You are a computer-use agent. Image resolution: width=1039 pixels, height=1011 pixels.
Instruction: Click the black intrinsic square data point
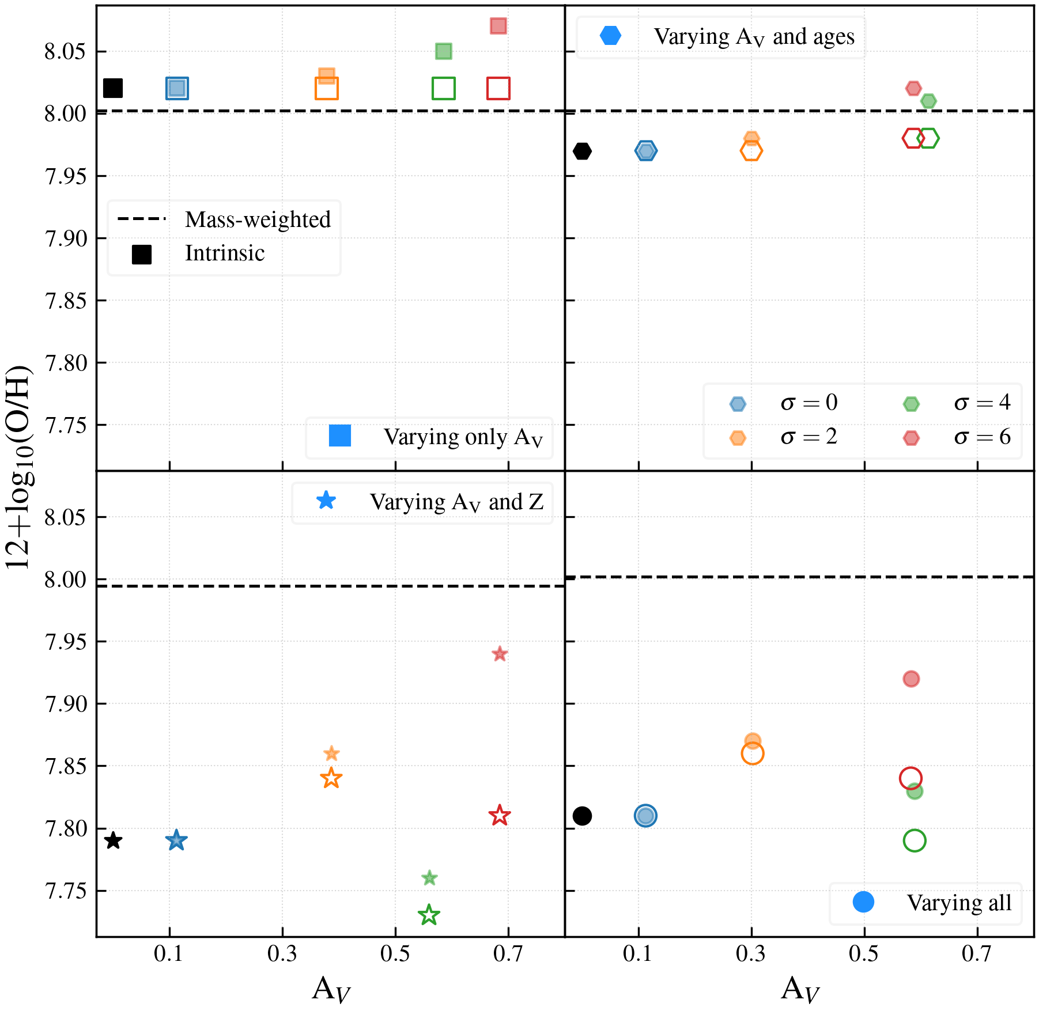[x=113, y=88]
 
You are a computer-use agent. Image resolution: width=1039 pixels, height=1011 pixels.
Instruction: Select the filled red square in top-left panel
[x=498, y=26]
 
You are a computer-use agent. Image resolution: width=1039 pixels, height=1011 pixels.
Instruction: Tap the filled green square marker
[x=443, y=51]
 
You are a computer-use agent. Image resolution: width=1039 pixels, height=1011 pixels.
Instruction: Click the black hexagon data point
[x=582, y=151]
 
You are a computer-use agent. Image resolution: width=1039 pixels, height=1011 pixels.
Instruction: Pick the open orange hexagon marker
[x=751, y=151]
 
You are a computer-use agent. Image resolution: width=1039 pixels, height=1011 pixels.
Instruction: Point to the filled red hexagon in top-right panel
[x=913, y=88]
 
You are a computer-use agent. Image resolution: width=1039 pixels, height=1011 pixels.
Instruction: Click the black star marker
[x=114, y=840]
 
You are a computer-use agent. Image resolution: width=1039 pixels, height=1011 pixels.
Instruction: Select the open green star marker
[x=429, y=915]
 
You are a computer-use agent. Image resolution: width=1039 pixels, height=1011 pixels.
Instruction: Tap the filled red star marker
[x=500, y=654]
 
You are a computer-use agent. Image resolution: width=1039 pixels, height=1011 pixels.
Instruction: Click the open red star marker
[x=500, y=816]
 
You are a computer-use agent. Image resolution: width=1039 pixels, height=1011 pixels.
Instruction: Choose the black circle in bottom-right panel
[x=582, y=816]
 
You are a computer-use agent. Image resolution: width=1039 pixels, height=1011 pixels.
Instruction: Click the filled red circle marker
[x=911, y=679]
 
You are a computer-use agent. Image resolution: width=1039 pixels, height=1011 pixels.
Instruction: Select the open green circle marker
[x=915, y=840]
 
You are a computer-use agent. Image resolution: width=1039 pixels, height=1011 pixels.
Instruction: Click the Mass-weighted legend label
[x=258, y=219]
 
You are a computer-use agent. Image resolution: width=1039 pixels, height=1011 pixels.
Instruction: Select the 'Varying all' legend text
[x=959, y=903]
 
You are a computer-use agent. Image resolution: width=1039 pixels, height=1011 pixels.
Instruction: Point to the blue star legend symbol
[x=326, y=501]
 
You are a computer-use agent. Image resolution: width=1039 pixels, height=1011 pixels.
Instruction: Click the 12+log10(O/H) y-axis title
[x=18, y=467]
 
